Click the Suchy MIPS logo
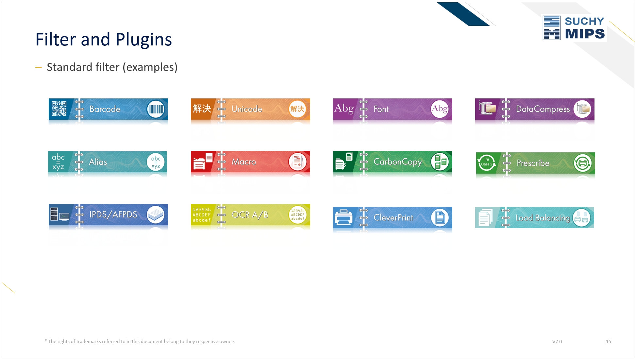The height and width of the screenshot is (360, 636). (x=574, y=28)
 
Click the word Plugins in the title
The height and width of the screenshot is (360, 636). (x=144, y=40)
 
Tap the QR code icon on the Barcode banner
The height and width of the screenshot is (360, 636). (x=59, y=109)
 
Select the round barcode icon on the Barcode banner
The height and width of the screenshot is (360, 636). (x=156, y=109)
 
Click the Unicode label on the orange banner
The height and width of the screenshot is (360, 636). (x=247, y=109)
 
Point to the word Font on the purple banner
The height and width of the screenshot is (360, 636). (x=381, y=109)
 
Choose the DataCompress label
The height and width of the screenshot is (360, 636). (x=543, y=109)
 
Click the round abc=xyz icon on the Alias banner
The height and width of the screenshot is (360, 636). (x=156, y=162)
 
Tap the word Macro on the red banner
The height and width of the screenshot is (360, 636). (x=244, y=162)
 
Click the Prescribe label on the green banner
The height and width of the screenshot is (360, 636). (x=533, y=163)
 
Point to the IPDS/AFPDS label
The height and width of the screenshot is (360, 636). (x=113, y=214)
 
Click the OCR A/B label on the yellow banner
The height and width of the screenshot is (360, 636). (x=250, y=215)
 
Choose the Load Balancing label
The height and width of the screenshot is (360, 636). (x=543, y=218)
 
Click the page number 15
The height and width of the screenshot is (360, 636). (x=608, y=341)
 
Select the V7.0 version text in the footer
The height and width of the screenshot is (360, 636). (x=557, y=342)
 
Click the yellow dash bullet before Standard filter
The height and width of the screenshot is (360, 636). (x=39, y=68)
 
